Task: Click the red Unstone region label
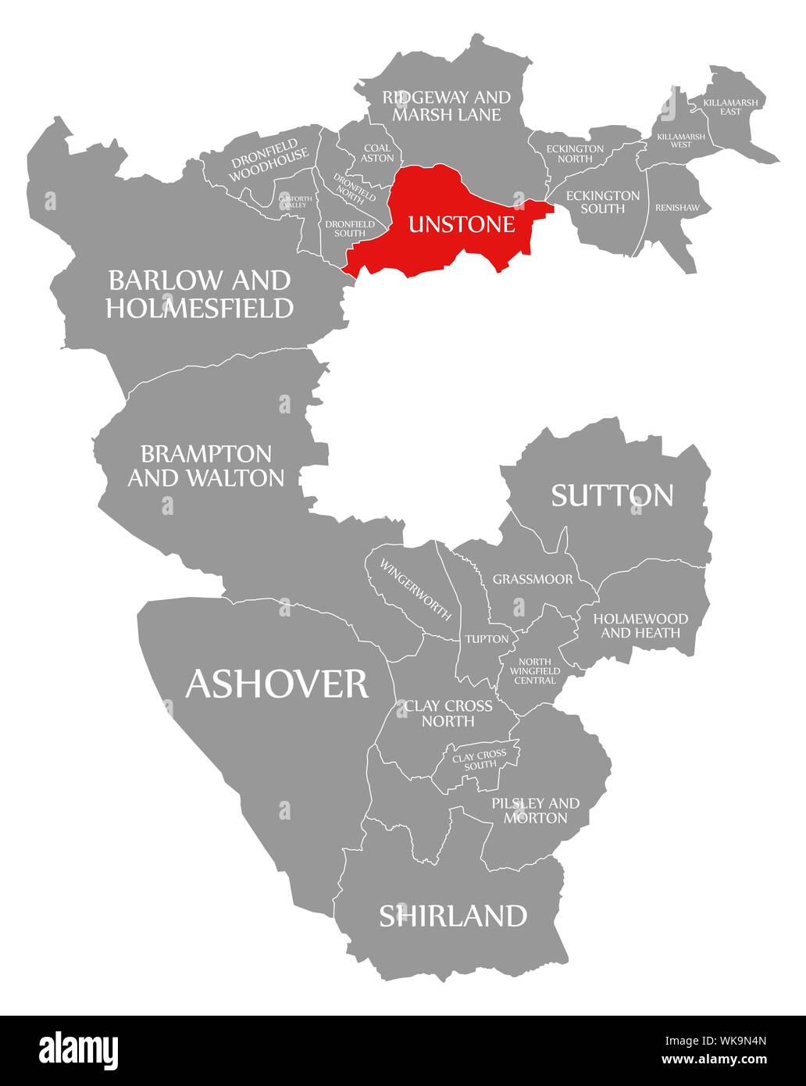(462, 225)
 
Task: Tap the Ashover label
(276, 684)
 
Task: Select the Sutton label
(612, 495)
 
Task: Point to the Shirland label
(453, 915)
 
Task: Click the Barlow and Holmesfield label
(200, 294)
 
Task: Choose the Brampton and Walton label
(205, 466)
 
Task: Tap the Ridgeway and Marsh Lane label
(446, 105)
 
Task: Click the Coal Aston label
(377, 153)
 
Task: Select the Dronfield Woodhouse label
(264, 160)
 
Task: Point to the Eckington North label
(575, 153)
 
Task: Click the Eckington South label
(602, 202)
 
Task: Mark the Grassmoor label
(533, 580)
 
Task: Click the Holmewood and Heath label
(640, 625)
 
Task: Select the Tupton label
(487, 639)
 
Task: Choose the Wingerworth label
(415, 590)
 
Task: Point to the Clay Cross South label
(480, 759)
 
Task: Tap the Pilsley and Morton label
(535, 810)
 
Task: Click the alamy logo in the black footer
(79, 1048)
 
